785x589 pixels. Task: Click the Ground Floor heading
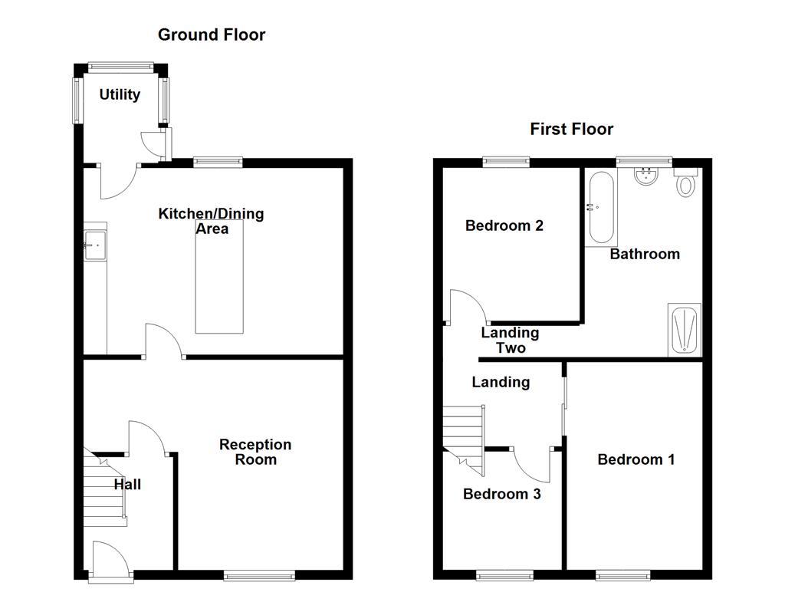coord(212,35)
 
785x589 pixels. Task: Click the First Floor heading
coord(571,129)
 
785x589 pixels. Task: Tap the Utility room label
coord(120,94)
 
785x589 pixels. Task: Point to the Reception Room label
coord(255,452)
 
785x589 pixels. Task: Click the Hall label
coord(127,484)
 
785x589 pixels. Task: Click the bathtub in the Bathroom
coord(600,207)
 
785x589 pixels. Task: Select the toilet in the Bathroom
coord(685,183)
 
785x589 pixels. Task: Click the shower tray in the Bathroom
coord(685,330)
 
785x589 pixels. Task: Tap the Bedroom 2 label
coord(504,225)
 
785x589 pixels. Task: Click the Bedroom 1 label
coord(636,459)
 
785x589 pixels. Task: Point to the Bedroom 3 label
coord(502,494)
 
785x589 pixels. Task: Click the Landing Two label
coord(510,340)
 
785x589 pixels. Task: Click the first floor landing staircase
coord(464,433)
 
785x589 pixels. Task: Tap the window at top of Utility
coord(120,67)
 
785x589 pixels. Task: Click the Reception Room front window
coord(259,574)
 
